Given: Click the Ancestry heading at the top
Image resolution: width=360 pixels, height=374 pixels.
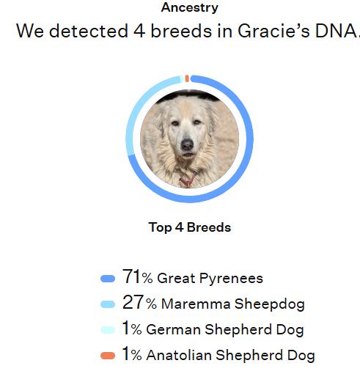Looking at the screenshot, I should coord(189,7).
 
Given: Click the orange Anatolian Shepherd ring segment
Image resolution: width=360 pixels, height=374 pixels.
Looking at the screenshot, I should coord(187,77).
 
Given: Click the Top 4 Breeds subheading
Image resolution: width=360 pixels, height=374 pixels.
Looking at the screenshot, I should coord(189,227).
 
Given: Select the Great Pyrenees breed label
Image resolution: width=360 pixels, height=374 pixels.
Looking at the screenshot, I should coord(210,279).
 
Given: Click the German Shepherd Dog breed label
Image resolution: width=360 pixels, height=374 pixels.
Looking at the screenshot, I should coord(225,330).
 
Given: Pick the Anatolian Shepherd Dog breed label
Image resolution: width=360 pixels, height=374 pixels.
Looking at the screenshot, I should coord(230,356).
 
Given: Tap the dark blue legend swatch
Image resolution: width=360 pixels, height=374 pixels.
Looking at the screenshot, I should coord(108,279).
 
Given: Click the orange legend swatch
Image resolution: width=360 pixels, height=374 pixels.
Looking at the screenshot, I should coord(108,356).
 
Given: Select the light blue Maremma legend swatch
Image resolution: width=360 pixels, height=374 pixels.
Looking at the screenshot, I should coord(108,304).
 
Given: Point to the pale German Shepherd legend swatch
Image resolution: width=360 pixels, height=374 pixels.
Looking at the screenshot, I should coord(108,330).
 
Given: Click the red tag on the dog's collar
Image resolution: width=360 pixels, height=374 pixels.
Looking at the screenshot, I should coord(185,181).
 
